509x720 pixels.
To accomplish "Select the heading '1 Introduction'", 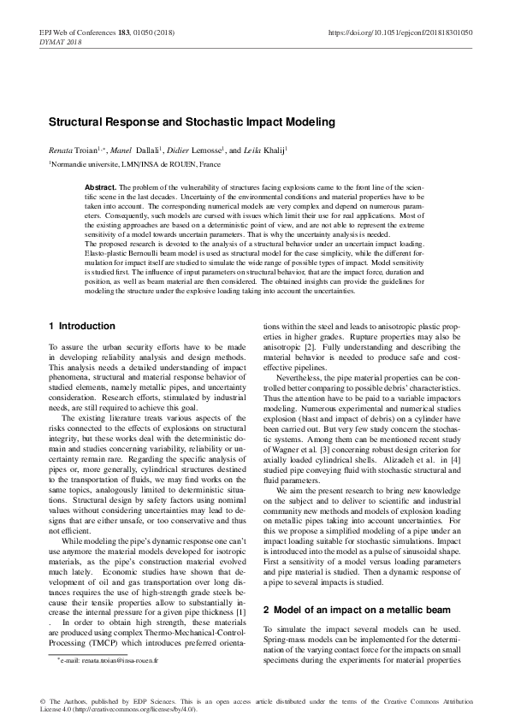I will tap(81, 302).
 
